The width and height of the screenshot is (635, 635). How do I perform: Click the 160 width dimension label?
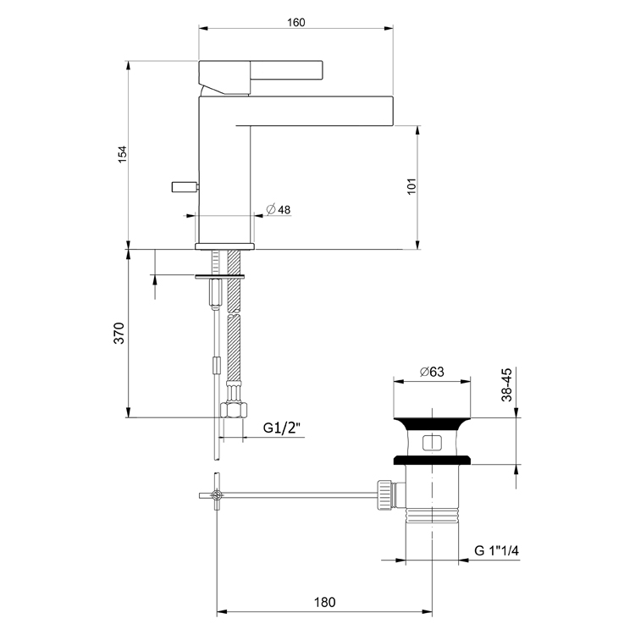pos(295,22)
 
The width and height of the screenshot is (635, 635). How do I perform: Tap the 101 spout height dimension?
pos(410,186)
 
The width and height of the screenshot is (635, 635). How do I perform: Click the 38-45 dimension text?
pos(506,385)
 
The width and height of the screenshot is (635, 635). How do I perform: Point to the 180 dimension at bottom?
pos(324,603)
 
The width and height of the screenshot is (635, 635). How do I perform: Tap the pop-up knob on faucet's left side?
pos(181,185)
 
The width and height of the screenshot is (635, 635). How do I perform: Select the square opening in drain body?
pos(432,441)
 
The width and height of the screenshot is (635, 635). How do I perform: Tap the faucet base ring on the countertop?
pos(224,246)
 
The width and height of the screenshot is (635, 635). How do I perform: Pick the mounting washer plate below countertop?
pos(219,275)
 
